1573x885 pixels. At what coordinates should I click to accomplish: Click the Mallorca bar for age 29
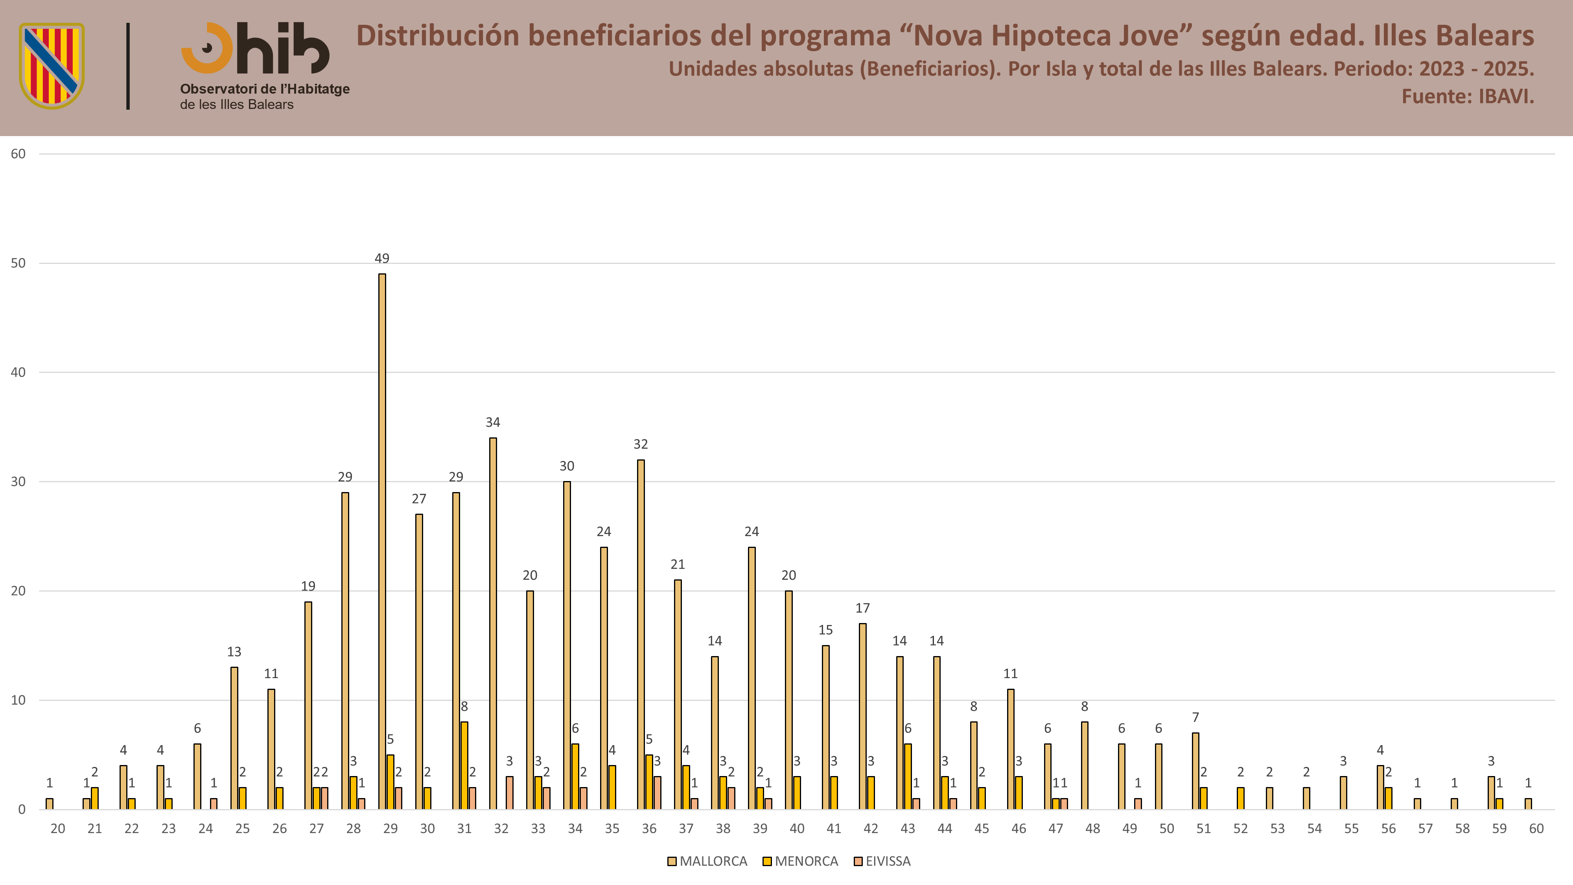pyautogui.click(x=382, y=542)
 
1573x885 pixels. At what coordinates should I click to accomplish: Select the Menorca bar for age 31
pyautogui.click(x=464, y=766)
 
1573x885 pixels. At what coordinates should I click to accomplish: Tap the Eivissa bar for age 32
pyautogui.click(x=509, y=793)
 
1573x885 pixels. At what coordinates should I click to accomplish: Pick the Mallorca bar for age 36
pyautogui.click(x=641, y=634)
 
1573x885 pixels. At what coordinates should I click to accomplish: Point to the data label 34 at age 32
pyautogui.click(x=493, y=422)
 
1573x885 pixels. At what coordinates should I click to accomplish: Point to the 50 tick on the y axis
pyautogui.click(x=18, y=263)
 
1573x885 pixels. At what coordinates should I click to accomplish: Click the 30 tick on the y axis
pyautogui.click(x=18, y=481)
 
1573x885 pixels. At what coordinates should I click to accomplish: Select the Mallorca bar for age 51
pyautogui.click(x=1195, y=771)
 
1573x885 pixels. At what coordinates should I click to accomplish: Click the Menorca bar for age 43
pyautogui.click(x=908, y=777)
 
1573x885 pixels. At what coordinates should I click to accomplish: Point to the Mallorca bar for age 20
pyautogui.click(x=50, y=804)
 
